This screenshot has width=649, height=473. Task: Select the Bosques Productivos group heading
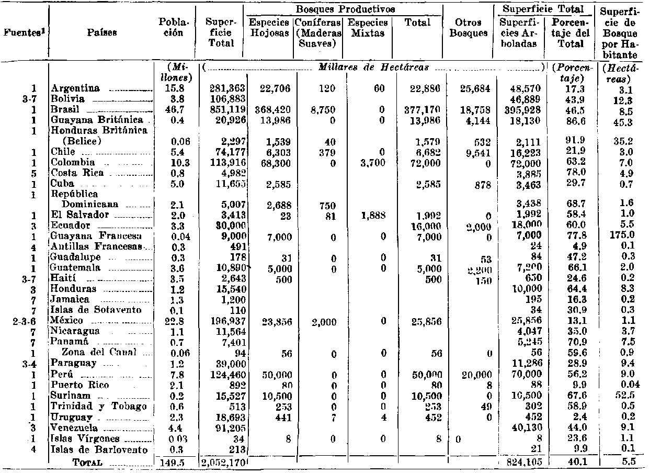tap(345, 9)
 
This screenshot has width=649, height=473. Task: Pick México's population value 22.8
tap(171, 320)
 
